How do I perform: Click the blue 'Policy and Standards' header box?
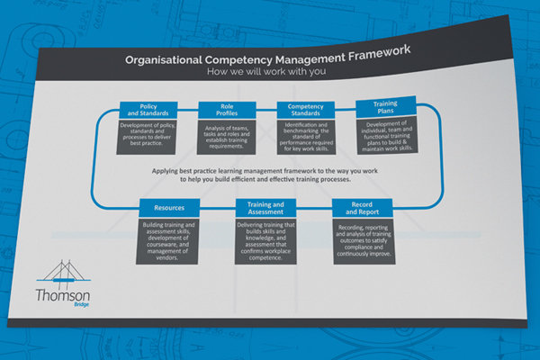pos(148,110)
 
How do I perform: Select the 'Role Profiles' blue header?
pos(227,110)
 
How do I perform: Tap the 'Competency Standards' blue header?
pos(306,110)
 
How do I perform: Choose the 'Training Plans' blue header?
pos(386,106)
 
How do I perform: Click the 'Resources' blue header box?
pos(169,208)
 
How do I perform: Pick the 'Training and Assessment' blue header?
pos(265,208)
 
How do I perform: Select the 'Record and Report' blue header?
pos(363,208)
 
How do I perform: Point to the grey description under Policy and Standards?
pos(147,137)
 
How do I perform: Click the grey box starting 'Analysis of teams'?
pos(227,137)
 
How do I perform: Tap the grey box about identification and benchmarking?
pos(306,137)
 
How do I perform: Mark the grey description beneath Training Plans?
pos(387,135)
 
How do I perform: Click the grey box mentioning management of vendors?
pos(167,241)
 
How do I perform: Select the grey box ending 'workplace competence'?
pos(265,241)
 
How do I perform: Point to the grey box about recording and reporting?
pos(364,241)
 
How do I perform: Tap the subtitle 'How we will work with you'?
pos(266,72)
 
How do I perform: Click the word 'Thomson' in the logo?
pos(63,295)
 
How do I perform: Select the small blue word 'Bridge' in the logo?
pos(81,304)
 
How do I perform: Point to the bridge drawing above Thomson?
pos(64,274)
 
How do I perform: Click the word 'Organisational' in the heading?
pos(164,60)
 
